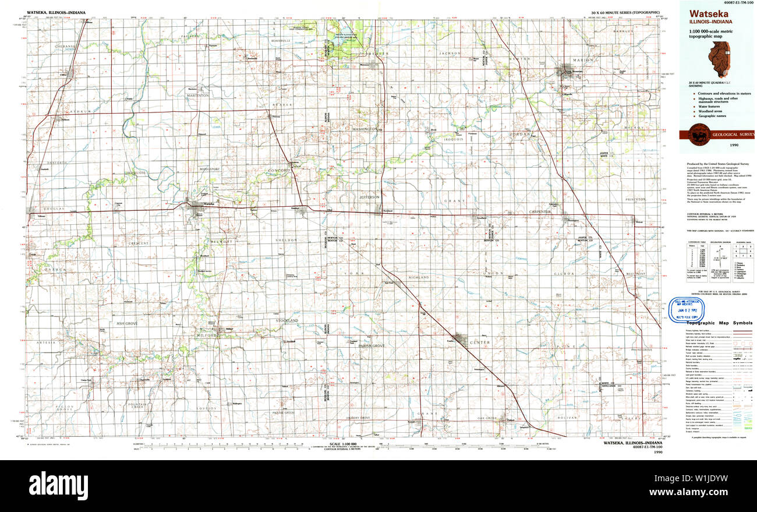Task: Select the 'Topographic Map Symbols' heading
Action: [720, 323]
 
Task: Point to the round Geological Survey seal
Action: [695, 135]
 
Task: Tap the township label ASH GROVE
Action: [127, 323]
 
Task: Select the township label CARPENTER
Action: [539, 212]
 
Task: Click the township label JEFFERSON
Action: [369, 197]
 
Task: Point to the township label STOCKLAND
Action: [287, 320]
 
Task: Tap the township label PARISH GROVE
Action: [372, 346]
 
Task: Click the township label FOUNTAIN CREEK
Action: [137, 407]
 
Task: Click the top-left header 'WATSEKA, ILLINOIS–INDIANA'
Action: [53, 12]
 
